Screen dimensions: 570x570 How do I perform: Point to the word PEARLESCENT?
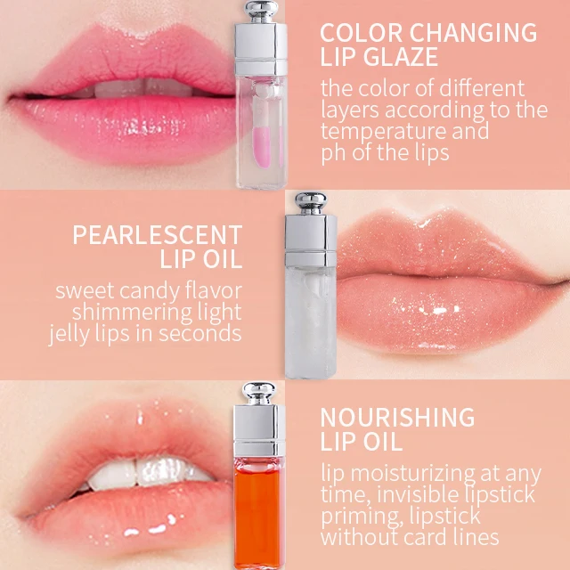tap(157, 235)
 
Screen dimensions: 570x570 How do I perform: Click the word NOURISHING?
tap(397, 417)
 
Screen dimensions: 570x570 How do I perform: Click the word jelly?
tap(74, 334)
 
